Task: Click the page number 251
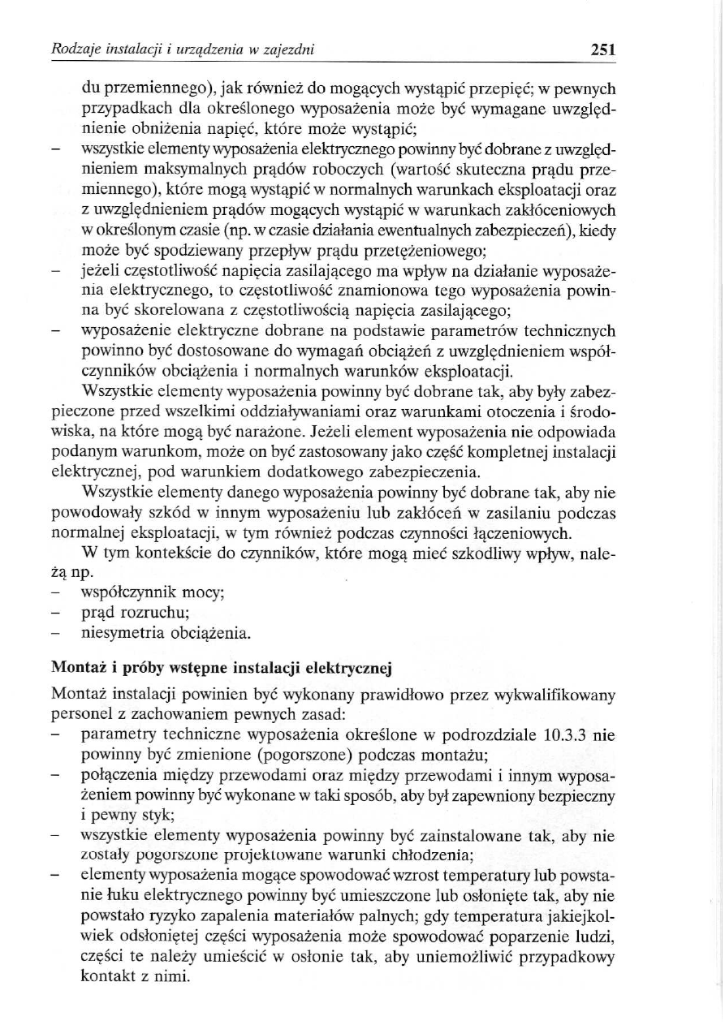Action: point(602,50)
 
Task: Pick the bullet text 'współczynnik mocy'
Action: point(153,592)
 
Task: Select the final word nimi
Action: point(174,978)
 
